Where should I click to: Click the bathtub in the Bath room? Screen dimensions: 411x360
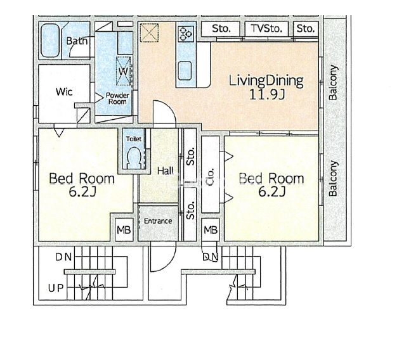(x=50, y=41)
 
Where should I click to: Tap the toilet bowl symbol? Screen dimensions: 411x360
(x=134, y=157)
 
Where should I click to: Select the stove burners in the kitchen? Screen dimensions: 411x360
(x=186, y=34)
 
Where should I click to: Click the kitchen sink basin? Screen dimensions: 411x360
(x=185, y=71)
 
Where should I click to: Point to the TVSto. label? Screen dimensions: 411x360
(x=266, y=29)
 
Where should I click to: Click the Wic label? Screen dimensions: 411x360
(x=64, y=92)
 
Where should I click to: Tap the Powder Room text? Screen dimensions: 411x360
(x=117, y=98)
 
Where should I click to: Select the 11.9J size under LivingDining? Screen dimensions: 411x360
(x=266, y=94)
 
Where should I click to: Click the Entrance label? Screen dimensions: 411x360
(x=158, y=221)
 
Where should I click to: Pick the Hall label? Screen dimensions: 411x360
(x=166, y=171)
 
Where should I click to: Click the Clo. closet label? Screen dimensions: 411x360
(x=210, y=177)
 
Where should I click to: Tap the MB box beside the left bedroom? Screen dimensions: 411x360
(x=124, y=230)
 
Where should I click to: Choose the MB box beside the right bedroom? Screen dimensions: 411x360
(x=211, y=230)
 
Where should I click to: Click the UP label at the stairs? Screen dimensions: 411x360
(x=56, y=288)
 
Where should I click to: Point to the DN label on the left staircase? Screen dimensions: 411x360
(x=63, y=257)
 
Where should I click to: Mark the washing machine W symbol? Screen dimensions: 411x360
(x=123, y=71)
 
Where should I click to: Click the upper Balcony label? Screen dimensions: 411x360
(x=333, y=82)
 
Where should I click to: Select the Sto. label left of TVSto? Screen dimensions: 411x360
(x=221, y=29)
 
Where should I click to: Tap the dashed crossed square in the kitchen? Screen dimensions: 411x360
(x=149, y=32)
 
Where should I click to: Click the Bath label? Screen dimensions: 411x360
(x=76, y=41)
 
